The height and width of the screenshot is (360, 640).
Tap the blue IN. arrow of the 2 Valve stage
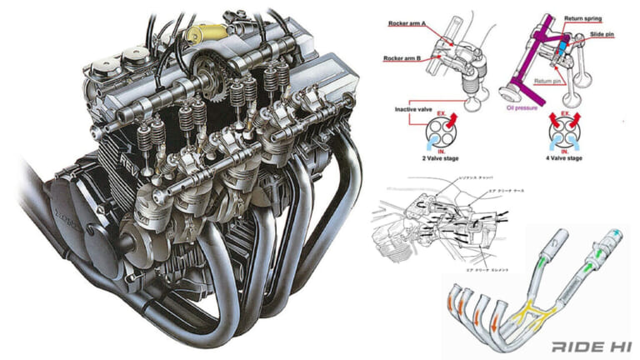pyautogui.click(x=441, y=143)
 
